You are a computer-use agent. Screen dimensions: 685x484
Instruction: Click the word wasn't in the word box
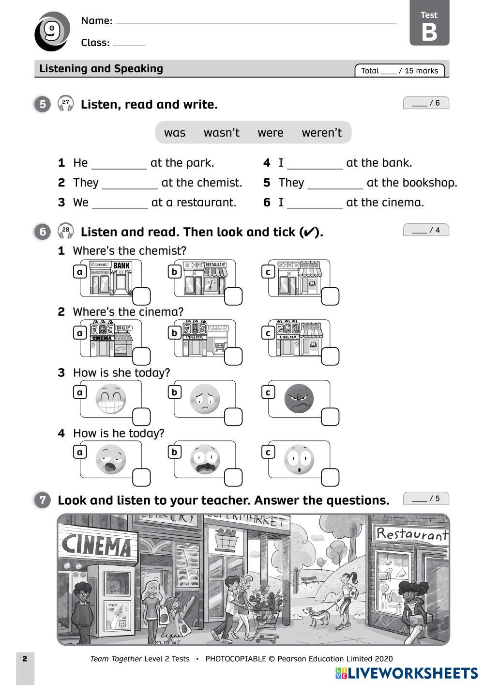click(221, 133)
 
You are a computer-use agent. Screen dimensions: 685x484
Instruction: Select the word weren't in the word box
click(321, 133)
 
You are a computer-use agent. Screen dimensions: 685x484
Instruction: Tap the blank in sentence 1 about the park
click(119, 164)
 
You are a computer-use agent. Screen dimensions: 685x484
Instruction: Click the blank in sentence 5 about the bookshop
click(335, 184)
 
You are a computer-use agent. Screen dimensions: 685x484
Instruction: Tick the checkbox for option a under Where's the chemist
click(141, 296)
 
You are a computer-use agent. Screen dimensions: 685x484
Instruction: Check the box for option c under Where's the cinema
click(330, 357)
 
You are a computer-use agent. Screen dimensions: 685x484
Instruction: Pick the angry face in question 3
click(299, 398)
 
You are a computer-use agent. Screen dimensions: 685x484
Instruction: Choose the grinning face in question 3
click(111, 399)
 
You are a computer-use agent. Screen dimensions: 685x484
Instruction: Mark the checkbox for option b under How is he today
click(233, 478)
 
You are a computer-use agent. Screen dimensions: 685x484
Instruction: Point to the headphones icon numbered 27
click(66, 103)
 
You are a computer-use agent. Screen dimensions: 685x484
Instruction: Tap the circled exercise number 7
click(43, 500)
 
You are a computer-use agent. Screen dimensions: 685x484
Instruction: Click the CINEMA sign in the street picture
click(96, 545)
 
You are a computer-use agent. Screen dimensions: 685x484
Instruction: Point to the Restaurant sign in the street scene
click(411, 534)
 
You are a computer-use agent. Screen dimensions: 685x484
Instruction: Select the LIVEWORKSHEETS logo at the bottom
click(406, 673)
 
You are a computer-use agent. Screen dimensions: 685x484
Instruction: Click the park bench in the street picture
click(309, 579)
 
